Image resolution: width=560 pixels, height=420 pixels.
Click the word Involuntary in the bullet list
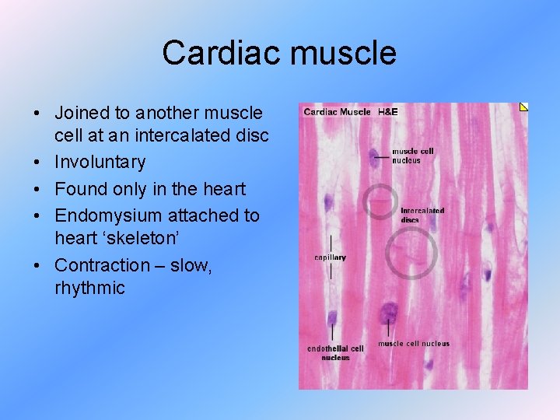[100, 162]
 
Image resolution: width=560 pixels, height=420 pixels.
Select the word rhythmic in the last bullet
[89, 288]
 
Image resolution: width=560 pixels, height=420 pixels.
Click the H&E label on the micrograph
[387, 112]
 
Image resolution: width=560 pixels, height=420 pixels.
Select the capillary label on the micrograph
[330, 257]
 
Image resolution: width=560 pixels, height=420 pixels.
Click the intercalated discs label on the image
[422, 215]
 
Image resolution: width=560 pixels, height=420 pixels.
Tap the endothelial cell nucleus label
[335, 352]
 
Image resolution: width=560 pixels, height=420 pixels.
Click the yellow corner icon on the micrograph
[523, 107]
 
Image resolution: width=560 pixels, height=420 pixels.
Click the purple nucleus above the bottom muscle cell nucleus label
[387, 314]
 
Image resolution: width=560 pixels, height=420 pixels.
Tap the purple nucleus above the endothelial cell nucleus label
[333, 319]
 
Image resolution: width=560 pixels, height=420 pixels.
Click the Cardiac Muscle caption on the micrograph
[337, 112]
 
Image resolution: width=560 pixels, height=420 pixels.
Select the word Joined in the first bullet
[80, 113]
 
